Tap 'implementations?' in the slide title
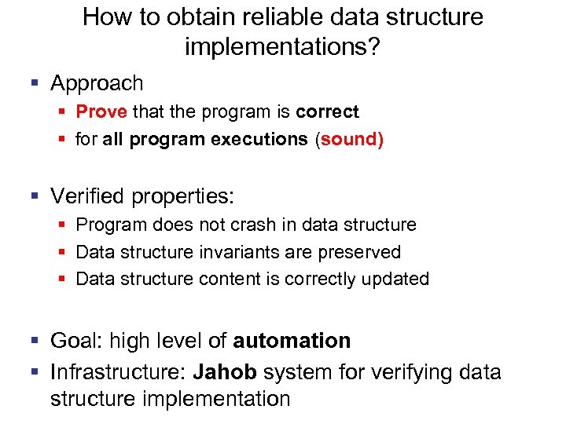(282, 48)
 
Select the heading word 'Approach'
(97, 83)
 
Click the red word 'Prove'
(101, 112)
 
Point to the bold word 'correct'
(327, 112)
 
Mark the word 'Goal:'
(76, 341)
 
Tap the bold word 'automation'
(292, 341)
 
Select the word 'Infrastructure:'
(119, 371)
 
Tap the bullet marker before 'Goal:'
(35, 341)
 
